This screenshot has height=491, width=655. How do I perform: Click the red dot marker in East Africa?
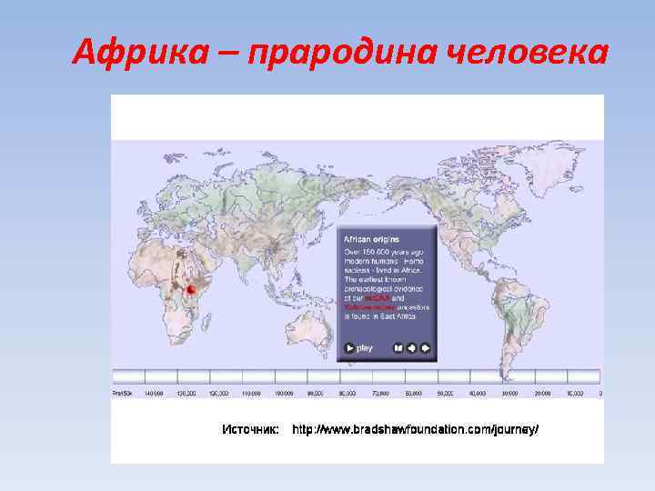click(190, 289)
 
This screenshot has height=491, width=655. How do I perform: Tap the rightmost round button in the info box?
click(426, 347)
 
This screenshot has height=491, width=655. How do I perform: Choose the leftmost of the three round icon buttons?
click(398, 347)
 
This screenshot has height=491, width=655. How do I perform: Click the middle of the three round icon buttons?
click(411, 347)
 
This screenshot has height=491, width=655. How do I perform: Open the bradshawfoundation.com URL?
click(415, 428)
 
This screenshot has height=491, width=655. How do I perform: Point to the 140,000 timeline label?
click(154, 394)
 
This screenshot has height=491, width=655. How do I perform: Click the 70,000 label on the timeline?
click(380, 394)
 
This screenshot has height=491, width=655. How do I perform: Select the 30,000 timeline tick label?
click(509, 394)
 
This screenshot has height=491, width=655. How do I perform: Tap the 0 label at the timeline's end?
click(600, 394)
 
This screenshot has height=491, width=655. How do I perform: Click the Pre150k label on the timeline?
click(123, 394)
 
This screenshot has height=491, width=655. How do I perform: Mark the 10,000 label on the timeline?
click(574, 394)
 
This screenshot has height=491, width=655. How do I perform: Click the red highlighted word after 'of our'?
click(379, 298)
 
